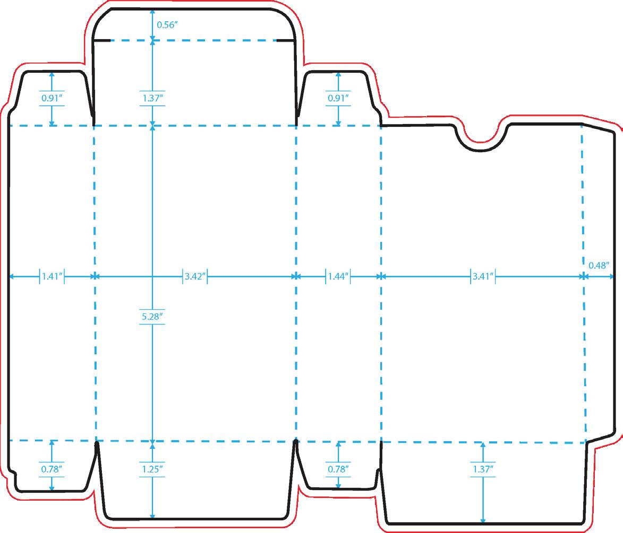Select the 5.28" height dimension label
coord(153,317)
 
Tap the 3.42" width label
coord(195,276)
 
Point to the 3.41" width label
coord(483,276)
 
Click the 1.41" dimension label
coord(52,276)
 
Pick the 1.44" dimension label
coord(338,276)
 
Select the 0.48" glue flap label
coord(599,266)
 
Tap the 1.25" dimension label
coord(153,469)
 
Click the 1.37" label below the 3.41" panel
coord(483,469)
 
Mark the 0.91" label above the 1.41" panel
coord(52,98)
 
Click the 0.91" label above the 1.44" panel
coord(338,98)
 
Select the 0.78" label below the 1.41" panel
coord(52,469)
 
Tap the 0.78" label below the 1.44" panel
coord(338,469)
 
